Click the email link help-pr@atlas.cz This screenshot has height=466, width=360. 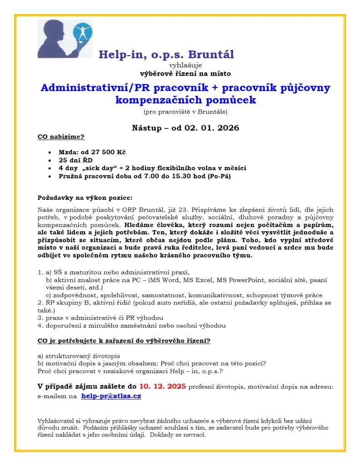(x=111, y=396)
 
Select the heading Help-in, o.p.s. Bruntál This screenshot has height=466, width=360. (x=166, y=55)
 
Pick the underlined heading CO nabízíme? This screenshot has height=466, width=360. (x=61, y=136)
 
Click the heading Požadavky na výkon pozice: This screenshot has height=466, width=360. (x=85, y=198)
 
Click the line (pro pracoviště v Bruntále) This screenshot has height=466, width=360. (x=185, y=111)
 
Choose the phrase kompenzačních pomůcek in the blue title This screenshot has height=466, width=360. (x=186, y=100)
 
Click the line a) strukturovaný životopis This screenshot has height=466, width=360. (x=78, y=355)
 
